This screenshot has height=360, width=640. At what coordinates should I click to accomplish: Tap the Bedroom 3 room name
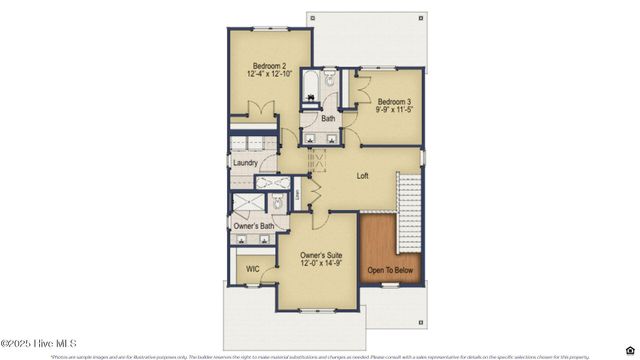coord(395,102)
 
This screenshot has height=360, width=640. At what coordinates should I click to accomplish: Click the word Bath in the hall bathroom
coord(328,119)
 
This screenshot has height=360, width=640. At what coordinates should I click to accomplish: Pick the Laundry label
coord(246,163)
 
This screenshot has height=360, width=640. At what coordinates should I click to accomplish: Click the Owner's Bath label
coord(252,227)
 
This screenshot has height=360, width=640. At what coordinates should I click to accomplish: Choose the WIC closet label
coord(252,270)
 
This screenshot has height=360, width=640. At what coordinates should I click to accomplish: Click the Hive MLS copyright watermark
coord(40,343)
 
